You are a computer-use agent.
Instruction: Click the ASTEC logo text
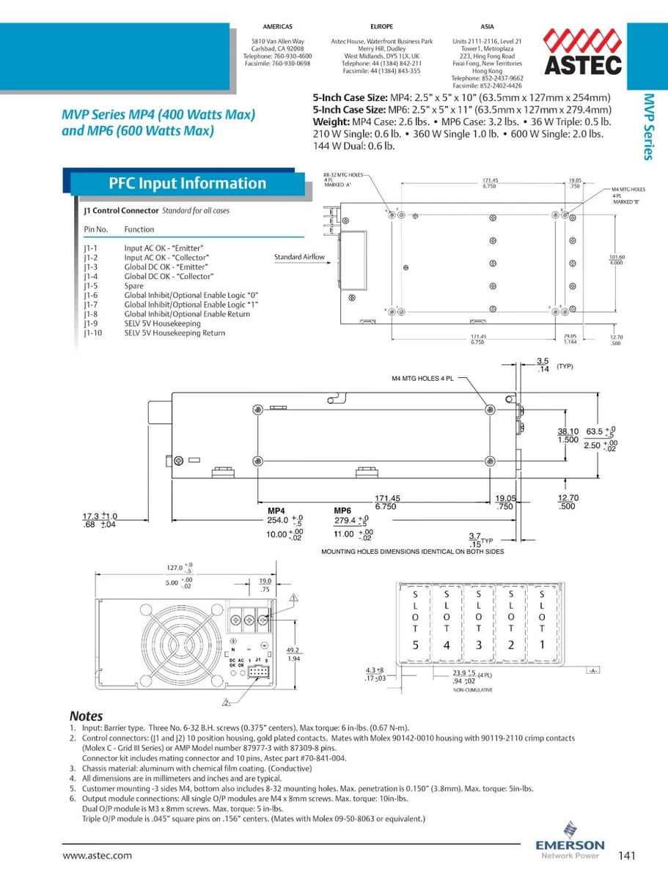pyautogui.click(x=583, y=64)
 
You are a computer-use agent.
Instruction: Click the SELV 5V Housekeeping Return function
pyautogui.click(x=175, y=333)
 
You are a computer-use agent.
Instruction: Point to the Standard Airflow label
pyautogui.click(x=299, y=257)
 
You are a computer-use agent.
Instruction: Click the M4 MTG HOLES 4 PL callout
pyautogui.click(x=422, y=379)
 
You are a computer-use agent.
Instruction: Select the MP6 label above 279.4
pyautogui.click(x=342, y=511)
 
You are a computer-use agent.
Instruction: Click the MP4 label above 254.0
pyautogui.click(x=276, y=511)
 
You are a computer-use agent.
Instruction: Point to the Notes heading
pyautogui.click(x=86, y=716)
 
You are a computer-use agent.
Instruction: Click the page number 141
pyautogui.click(x=627, y=855)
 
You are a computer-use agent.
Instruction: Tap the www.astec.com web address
pyautogui.click(x=98, y=855)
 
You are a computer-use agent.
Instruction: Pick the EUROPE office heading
pyautogui.click(x=381, y=27)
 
